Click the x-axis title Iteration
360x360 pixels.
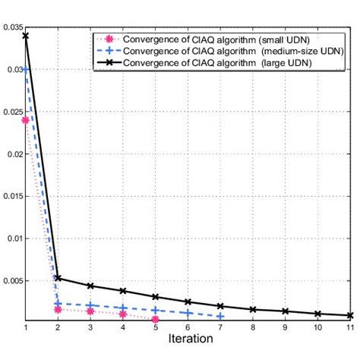[x=188, y=339]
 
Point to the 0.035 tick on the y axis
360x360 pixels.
[x=13, y=27]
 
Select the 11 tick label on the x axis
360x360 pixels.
[x=350, y=327]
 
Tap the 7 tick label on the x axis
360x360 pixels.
[x=220, y=327]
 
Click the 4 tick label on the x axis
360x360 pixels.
[x=123, y=327]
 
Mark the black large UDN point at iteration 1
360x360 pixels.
[x=26, y=36]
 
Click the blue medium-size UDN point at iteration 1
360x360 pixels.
[x=26, y=69]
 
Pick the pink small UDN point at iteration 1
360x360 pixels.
[x=26, y=120]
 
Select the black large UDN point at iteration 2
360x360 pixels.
[x=58, y=278]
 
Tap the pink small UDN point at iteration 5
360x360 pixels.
[x=155, y=320]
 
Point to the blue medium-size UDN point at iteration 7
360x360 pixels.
[x=220, y=316]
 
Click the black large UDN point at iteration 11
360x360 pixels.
[x=350, y=315]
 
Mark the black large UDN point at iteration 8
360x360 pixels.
[x=253, y=309]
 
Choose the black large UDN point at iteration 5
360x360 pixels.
[x=155, y=297]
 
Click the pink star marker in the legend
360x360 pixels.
[x=109, y=36]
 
